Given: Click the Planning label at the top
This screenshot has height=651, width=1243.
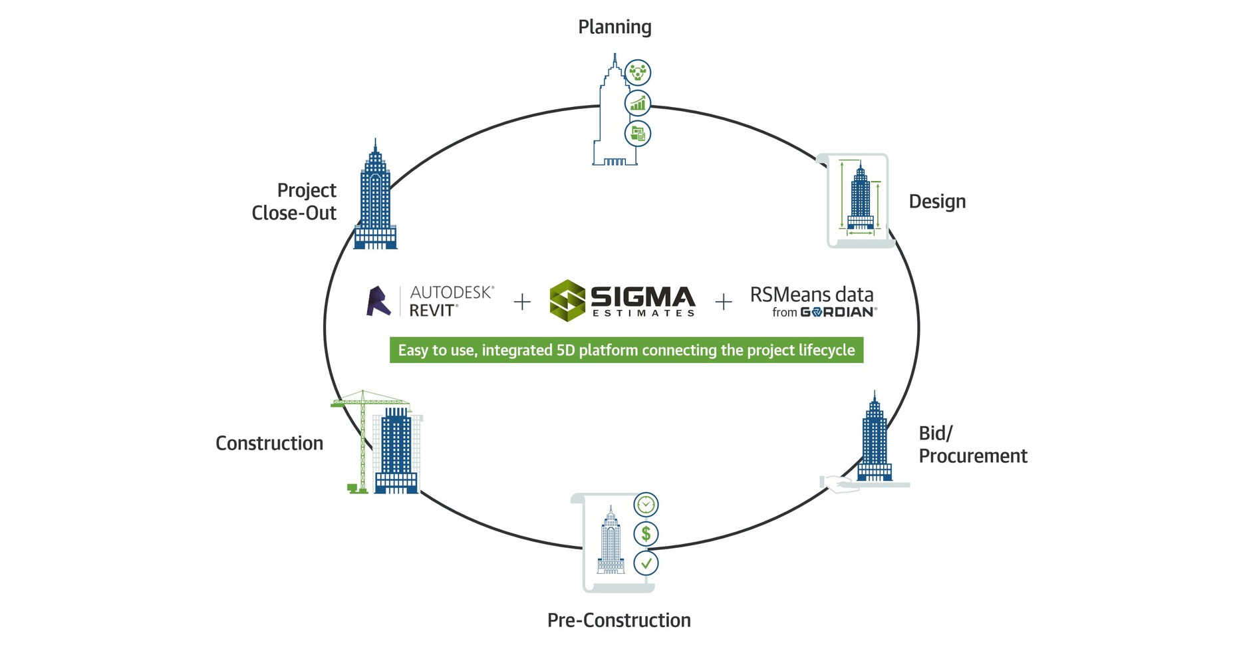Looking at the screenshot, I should coord(615,27).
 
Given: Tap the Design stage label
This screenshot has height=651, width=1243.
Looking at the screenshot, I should coord(936,201).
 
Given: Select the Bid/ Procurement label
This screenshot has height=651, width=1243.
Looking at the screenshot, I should coord(972,445).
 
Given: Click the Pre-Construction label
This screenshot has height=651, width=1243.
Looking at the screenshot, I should coord(619,620).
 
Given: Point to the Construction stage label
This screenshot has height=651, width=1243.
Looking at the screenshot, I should coord(269,444).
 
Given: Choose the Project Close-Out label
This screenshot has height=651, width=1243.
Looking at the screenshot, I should coord(295,201).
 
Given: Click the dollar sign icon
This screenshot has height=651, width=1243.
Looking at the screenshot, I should coord(646,533).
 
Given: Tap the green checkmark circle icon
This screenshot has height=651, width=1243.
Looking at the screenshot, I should coord(646,563).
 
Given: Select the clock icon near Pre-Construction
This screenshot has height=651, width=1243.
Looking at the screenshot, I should coord(646,505).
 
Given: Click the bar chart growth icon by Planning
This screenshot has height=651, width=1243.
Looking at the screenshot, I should coord(638,103).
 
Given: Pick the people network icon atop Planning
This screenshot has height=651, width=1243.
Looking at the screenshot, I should coord(638,72).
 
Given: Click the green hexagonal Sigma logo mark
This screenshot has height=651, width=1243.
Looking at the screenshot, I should coord(567,301).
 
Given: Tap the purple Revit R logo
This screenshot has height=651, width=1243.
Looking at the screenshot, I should coord(378,301).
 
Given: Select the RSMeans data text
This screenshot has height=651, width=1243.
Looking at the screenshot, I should coord(811,295).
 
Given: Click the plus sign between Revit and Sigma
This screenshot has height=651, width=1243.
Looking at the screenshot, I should coord(523,302).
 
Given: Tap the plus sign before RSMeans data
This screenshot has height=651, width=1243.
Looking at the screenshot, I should coord(724,302).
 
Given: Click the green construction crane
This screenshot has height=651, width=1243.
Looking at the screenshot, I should coord(362,439).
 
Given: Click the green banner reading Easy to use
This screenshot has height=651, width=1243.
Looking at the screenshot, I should coord(626,350).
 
